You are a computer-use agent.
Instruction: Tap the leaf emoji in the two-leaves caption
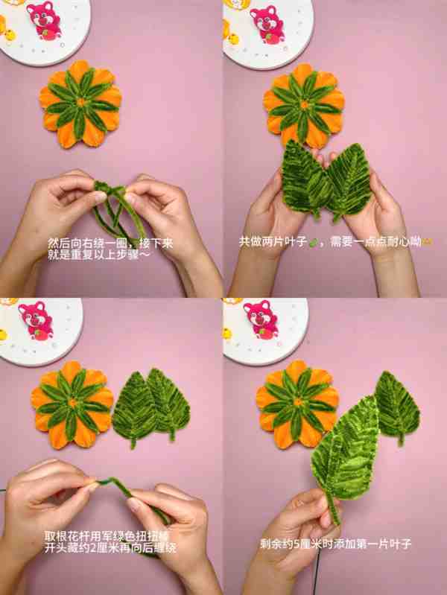[314, 244]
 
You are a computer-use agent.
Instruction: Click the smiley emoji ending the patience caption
[428, 242]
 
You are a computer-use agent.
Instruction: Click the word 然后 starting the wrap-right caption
[59, 243]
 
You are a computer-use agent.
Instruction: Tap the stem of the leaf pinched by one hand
[333, 509]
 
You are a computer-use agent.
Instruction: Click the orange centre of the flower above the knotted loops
[80, 103]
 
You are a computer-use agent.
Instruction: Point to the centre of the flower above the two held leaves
[304, 105]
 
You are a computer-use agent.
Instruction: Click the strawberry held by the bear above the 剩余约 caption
[261, 331]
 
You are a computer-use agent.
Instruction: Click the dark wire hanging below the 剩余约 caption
[317, 573]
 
